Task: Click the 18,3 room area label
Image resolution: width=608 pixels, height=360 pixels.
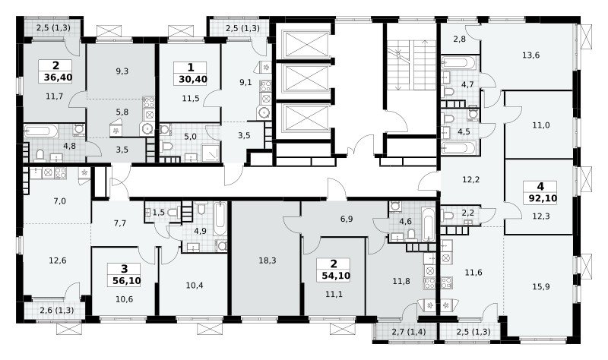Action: click(268, 261)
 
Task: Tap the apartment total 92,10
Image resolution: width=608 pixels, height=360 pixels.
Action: click(543, 199)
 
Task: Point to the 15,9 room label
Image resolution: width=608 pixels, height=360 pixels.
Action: click(541, 287)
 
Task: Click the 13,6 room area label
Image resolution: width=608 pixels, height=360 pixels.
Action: click(530, 55)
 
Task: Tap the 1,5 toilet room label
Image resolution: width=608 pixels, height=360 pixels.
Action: click(159, 212)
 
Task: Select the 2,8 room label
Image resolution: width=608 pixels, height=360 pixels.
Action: click(459, 39)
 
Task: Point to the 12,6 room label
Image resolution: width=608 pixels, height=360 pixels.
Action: click(58, 261)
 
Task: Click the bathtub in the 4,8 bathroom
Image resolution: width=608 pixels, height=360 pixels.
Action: click(41, 131)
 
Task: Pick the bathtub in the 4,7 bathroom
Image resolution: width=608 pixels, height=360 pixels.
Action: click(458, 62)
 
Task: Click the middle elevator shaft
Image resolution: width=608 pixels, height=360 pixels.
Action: click(307, 78)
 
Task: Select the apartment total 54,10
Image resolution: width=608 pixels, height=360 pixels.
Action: click(336, 276)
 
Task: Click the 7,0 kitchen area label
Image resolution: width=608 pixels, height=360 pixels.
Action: click(60, 201)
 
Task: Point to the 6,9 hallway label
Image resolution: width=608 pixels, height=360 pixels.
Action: click(347, 219)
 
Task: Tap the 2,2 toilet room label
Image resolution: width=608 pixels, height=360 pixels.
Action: click(468, 213)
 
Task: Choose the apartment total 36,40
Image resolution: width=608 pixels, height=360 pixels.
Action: click(58, 77)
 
